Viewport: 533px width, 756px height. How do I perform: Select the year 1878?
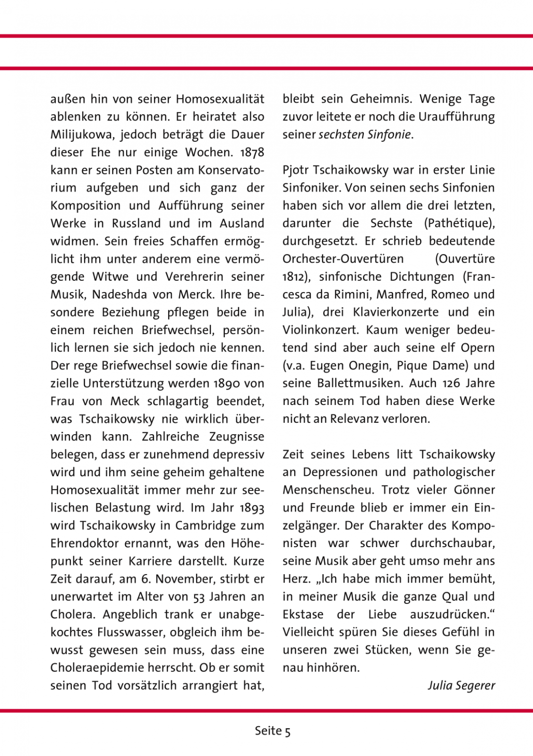tap(252, 153)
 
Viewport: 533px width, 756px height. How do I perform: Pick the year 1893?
tap(252, 508)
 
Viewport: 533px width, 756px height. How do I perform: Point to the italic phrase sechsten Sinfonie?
tap(364, 135)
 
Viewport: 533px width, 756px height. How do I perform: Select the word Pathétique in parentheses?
tap(459, 223)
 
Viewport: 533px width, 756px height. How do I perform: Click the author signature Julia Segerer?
tap(461, 685)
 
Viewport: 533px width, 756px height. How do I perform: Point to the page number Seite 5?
tap(273, 731)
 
